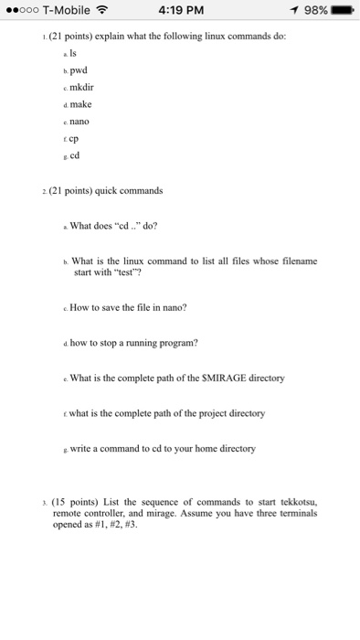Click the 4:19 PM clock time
[179, 11]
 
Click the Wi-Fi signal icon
[102, 11]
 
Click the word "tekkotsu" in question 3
[291, 502]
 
